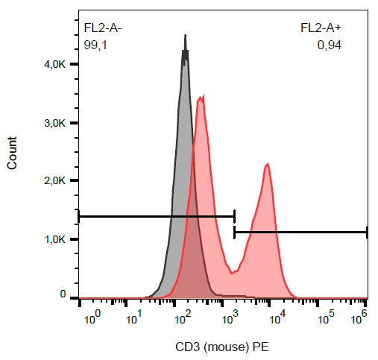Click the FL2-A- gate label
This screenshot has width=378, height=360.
pyautogui.click(x=103, y=29)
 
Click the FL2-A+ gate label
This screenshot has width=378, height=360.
pyautogui.click(x=321, y=29)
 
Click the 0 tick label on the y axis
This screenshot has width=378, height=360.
pyautogui.click(x=64, y=294)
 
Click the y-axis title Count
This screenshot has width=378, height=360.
pyautogui.click(x=13, y=153)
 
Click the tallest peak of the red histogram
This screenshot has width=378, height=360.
pyautogui.click(x=201, y=96)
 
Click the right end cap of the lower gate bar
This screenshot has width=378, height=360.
pyautogui.click(x=367, y=233)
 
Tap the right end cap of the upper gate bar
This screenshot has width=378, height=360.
pyautogui.click(x=234, y=216)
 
